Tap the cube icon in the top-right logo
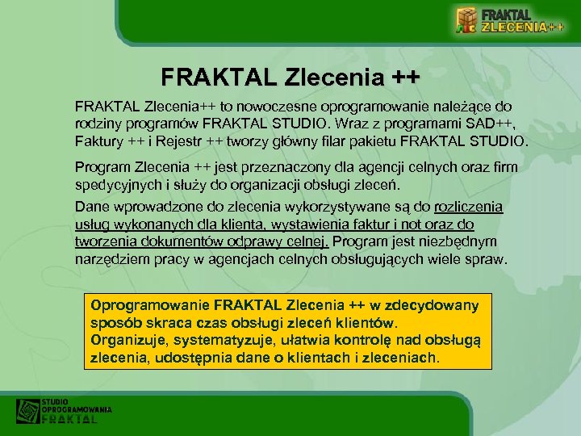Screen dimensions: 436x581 (466, 20)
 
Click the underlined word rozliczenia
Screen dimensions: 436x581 (468, 207)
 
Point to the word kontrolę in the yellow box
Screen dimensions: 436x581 (383, 340)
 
